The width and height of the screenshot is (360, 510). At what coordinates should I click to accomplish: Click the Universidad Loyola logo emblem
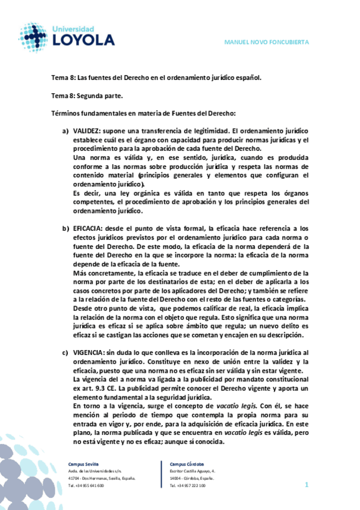[32, 37]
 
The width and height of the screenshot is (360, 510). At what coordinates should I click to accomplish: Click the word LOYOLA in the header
[83, 40]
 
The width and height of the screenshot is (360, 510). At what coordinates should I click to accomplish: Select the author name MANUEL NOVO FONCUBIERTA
[266, 42]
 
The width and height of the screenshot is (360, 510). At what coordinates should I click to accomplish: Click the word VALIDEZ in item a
[87, 130]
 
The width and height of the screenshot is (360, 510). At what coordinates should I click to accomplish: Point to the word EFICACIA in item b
[88, 229]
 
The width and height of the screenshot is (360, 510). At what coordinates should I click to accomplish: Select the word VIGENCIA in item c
[88, 352]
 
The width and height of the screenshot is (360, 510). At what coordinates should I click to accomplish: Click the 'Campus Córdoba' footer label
[187, 464]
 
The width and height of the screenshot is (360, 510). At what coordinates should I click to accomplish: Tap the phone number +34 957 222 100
[191, 485]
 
